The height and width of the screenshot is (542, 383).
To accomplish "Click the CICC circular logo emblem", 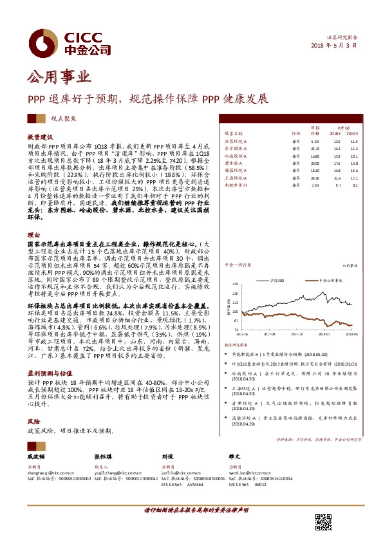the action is click(x=44, y=41).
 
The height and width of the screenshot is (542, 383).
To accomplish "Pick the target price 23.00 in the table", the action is click(x=315, y=164).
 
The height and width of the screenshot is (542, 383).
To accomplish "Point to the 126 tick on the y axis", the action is click(x=235, y=285).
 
